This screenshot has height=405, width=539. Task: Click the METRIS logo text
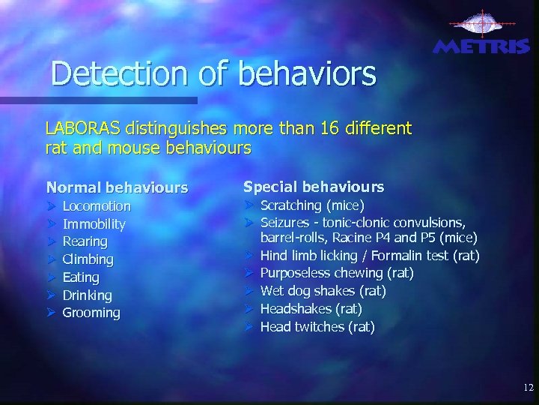click(481, 46)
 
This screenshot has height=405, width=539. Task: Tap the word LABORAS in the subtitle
click(82, 128)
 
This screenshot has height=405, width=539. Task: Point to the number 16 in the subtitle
click(315, 128)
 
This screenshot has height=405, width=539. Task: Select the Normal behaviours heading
click(117, 187)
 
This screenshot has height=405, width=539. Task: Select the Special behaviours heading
click(314, 186)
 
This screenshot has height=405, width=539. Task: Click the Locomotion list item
click(97, 206)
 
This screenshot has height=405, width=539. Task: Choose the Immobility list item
click(94, 224)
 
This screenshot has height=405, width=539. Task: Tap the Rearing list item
click(85, 241)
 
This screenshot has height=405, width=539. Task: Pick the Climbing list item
click(88, 259)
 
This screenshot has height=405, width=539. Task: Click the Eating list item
click(81, 277)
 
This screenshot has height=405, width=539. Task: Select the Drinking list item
click(87, 295)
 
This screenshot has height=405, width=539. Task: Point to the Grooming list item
click(91, 313)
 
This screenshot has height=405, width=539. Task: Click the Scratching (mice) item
click(312, 205)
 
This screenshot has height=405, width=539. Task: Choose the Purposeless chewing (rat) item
click(336, 273)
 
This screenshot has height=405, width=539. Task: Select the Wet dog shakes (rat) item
click(323, 291)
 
